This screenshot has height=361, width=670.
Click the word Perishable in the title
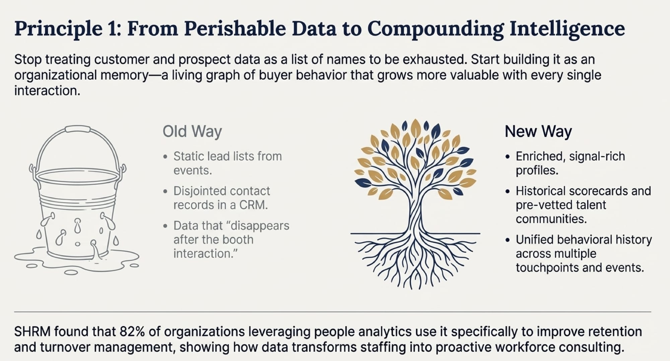235,29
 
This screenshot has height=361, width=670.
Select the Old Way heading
192,131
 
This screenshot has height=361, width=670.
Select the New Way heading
538,131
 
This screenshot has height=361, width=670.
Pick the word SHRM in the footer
32,332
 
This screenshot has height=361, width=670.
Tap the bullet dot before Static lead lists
165,157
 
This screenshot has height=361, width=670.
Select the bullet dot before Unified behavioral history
508,240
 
